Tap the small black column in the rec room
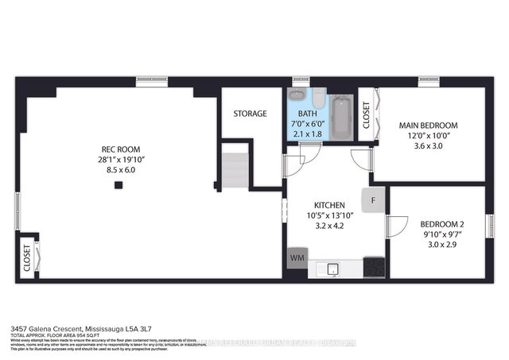click(x=118, y=185)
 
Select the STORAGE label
click(x=250, y=114)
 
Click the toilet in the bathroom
click(x=316, y=99)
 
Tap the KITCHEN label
click(x=329, y=204)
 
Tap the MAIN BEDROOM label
click(x=428, y=126)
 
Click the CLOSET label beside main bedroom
click(x=366, y=116)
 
